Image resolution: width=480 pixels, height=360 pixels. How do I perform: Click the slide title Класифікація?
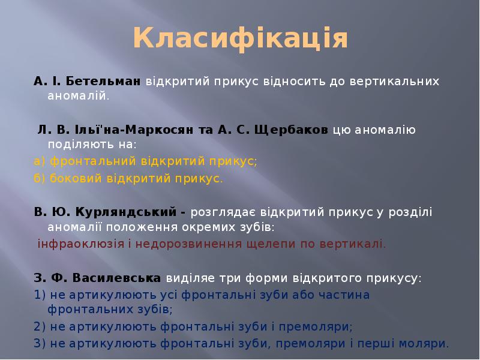(x=240, y=38)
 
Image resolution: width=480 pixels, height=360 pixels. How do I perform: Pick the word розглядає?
(x=220, y=212)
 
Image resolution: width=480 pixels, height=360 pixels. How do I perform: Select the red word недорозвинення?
(x=180, y=244)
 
